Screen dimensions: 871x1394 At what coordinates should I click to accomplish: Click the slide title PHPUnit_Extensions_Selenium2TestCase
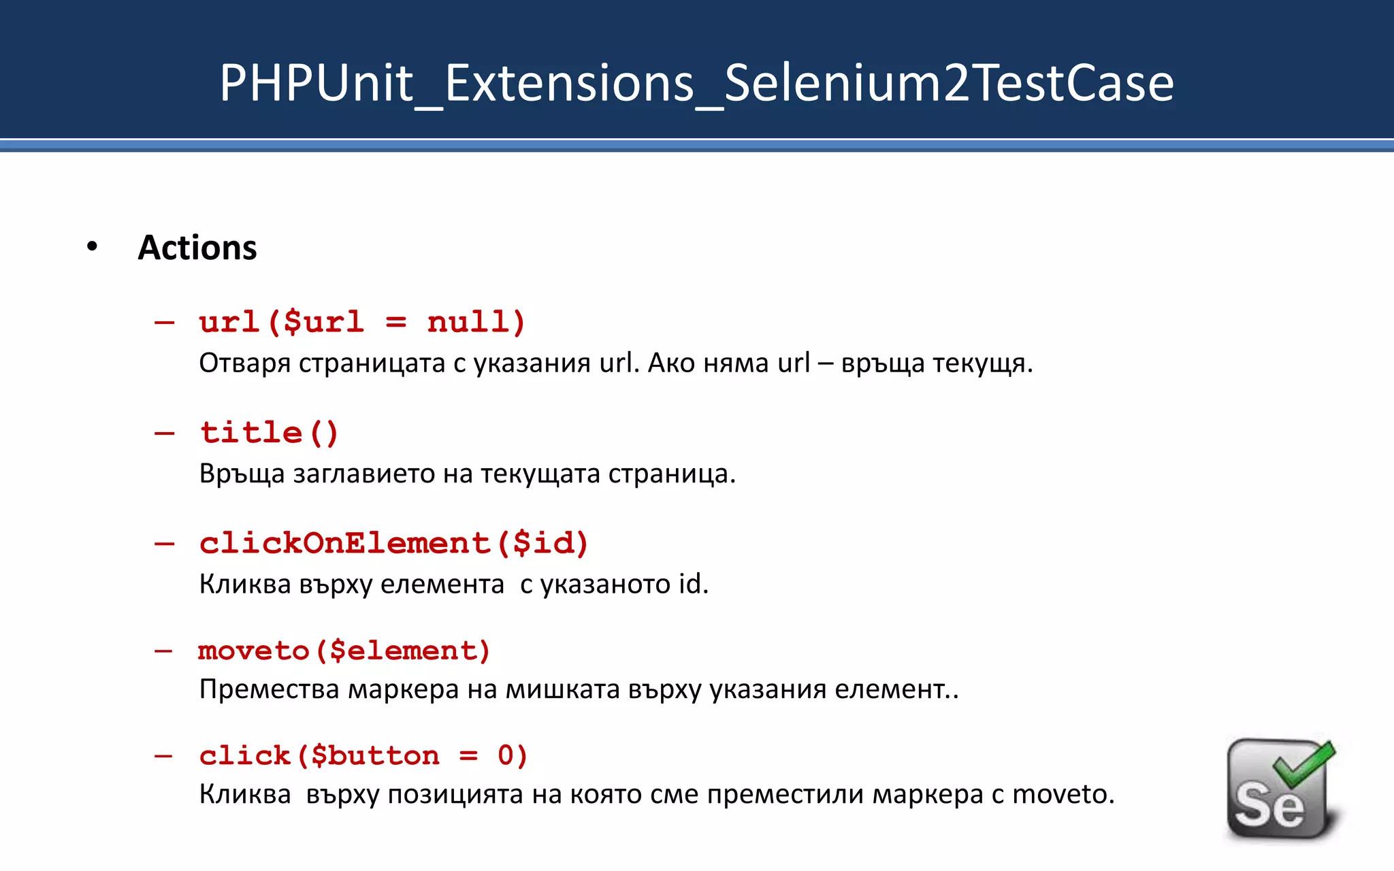pos(696,83)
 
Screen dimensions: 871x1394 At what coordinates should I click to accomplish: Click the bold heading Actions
pos(197,248)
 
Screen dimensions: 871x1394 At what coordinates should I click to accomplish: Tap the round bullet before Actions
pos(93,247)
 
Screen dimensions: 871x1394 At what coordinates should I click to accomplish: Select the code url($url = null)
pos(362,321)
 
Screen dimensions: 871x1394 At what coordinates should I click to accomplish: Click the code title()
pos(269,433)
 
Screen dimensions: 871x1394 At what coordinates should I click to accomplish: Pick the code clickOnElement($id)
pos(393,543)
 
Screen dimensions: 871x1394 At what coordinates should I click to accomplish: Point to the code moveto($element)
pos(344,651)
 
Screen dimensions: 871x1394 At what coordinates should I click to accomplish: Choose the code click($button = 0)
pos(363,755)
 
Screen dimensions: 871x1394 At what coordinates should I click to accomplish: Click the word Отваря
pos(244,363)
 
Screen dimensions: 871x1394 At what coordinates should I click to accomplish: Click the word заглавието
pos(363,474)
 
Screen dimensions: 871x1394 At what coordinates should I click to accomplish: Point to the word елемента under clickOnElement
pos(442,584)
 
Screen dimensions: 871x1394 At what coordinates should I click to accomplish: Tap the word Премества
pos(269,689)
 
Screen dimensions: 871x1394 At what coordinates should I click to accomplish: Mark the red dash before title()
pos(164,433)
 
